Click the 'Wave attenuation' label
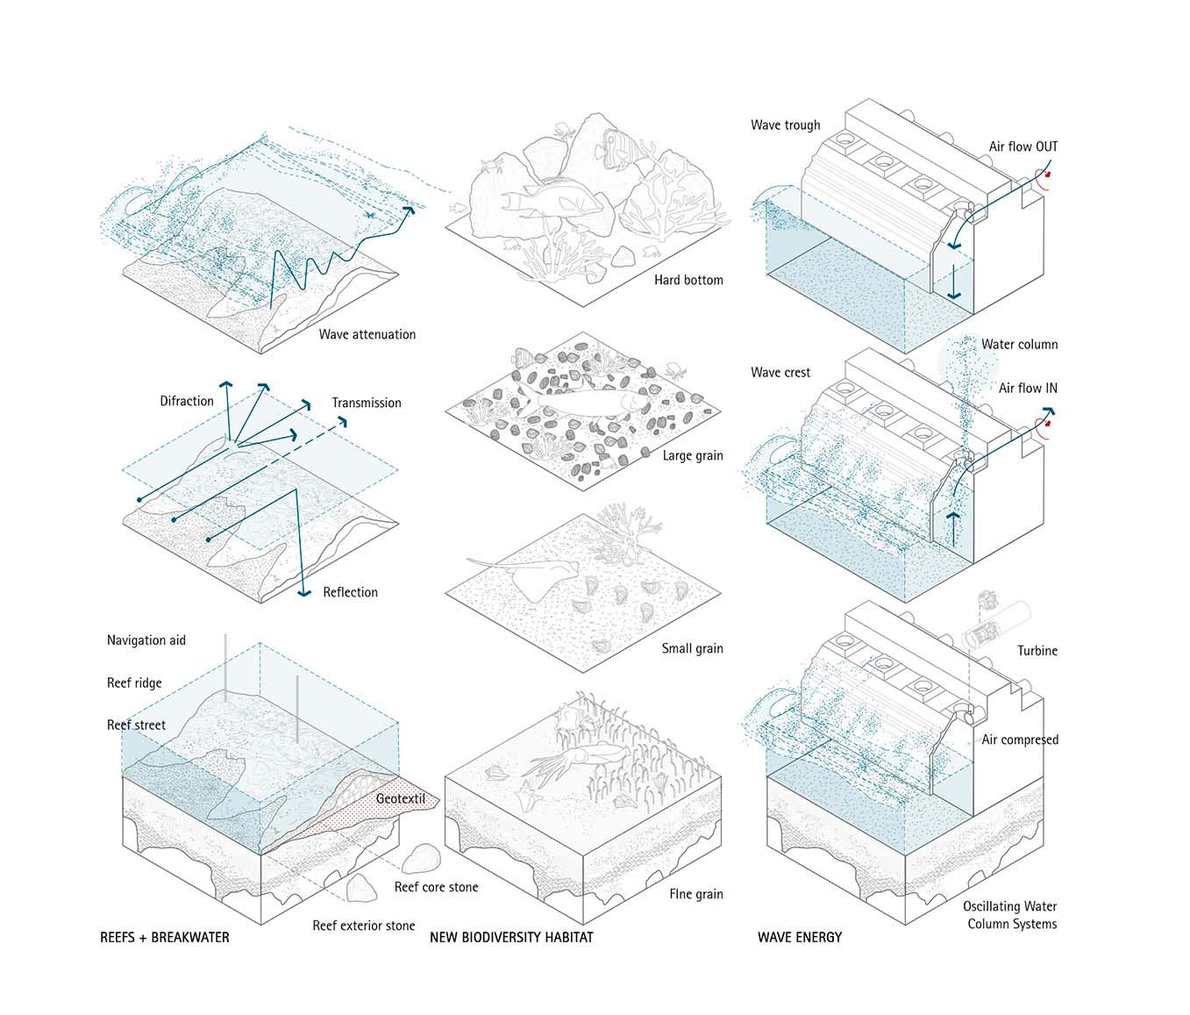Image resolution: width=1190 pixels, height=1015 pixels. (367, 334)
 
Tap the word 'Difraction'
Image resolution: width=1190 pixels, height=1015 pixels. (186, 401)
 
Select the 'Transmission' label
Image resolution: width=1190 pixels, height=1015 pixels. (366, 403)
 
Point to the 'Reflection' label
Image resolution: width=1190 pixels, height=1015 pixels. (350, 592)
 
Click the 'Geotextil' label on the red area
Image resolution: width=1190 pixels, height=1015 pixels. (400, 798)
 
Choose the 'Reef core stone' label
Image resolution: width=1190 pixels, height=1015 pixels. (436, 887)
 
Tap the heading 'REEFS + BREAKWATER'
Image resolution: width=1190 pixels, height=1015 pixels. (165, 937)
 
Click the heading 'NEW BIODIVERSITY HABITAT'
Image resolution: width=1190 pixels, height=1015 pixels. (511, 937)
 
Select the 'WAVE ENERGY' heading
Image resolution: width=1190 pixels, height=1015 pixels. (799, 937)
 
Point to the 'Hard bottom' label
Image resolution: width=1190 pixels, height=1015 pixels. (688, 280)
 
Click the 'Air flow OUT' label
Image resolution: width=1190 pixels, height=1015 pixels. (1023, 147)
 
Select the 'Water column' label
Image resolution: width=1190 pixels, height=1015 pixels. (1019, 345)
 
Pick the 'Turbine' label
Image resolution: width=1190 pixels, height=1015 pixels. (1037, 651)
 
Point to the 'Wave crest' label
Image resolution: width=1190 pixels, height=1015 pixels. (780, 373)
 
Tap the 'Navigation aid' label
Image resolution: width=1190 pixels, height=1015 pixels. (146, 640)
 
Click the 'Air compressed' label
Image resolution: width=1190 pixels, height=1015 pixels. (1019, 740)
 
